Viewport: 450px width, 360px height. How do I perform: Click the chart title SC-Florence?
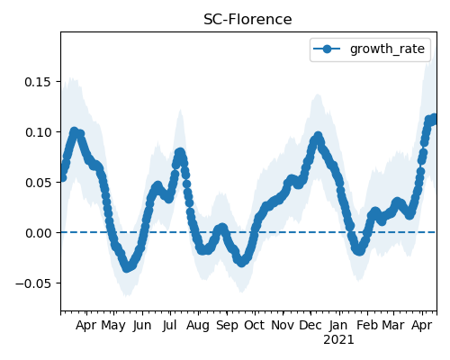coord(247,20)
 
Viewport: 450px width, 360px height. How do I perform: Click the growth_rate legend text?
coord(387,49)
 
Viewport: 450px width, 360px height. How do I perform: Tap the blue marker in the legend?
coord(327,49)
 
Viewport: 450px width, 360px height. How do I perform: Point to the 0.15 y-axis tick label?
coord(38,82)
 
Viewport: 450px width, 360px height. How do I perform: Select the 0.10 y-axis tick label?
coord(38,132)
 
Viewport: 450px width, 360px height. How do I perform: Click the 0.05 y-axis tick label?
coord(38,183)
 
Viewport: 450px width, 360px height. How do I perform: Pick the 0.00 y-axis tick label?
coord(38,233)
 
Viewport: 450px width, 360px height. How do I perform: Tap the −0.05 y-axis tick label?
coord(33,283)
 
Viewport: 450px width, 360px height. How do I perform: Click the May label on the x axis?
coord(113,326)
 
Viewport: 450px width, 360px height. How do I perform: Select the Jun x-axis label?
coord(142,326)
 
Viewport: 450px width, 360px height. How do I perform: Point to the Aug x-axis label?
coord(198,326)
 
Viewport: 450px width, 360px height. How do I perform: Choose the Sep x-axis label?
coord(227,326)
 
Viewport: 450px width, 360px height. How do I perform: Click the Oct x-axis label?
coord(255,326)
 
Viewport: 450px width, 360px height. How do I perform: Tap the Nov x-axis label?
coord(283,326)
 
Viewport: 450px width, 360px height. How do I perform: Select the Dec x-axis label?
coord(310,326)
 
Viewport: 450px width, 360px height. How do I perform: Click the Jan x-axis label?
coord(338,326)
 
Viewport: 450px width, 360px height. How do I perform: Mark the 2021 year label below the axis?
coord(338,340)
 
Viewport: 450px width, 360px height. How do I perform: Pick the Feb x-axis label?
coord(367,326)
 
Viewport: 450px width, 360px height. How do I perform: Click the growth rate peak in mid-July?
coord(180,153)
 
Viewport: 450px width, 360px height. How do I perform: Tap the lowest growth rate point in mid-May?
coord(127,268)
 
